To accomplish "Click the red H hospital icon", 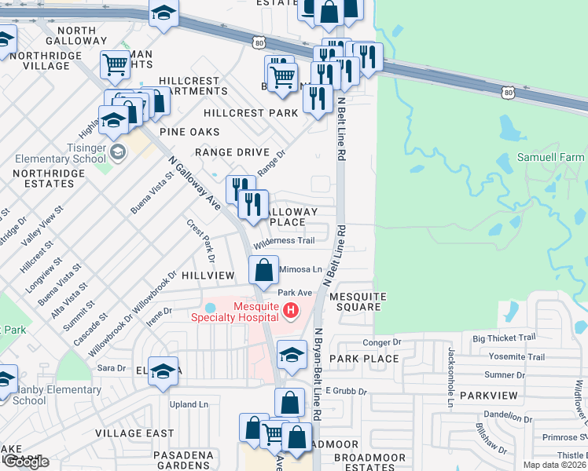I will click(x=291, y=312).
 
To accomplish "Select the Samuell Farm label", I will click(x=550, y=157).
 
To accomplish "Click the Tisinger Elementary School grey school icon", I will click(x=118, y=152).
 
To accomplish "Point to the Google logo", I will click(x=25, y=462).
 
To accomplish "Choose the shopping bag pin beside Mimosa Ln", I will click(x=264, y=270).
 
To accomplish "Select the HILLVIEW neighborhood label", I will click(x=208, y=276).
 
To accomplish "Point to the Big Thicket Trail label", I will click(x=504, y=338).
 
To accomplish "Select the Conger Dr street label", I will click(x=382, y=342).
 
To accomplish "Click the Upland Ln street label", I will click(x=189, y=404).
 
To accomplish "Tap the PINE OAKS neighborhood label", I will click(x=189, y=132).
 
